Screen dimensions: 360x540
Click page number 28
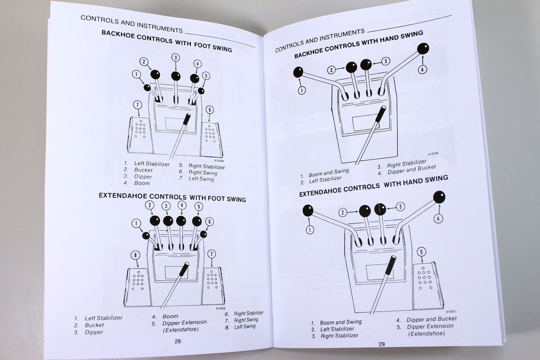tap(177, 341)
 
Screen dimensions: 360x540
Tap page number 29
tap(382, 344)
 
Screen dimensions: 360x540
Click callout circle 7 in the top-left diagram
tap(138, 105)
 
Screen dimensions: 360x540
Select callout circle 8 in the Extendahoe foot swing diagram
tap(135, 255)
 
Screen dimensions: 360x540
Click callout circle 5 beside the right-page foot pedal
tap(422, 252)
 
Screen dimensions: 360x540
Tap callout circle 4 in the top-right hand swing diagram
tap(422, 69)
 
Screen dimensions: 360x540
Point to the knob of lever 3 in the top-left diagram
tap(176, 76)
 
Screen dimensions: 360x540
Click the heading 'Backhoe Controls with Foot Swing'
tap(166, 41)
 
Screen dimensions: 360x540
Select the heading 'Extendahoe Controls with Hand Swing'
tap(373, 185)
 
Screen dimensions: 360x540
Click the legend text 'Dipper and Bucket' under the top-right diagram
tap(411, 170)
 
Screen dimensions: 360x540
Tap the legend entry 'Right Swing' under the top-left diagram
tap(203, 172)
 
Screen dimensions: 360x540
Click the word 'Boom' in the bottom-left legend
tap(170, 316)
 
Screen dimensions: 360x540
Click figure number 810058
tap(433, 154)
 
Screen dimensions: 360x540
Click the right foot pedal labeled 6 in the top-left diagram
tap(211, 138)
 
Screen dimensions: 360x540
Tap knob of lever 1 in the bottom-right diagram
tap(308, 210)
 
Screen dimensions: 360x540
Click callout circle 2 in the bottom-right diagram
tap(343, 212)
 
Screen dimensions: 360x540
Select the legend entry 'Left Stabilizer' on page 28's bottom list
tap(103, 318)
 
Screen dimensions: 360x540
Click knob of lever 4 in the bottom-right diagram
tap(439, 197)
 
